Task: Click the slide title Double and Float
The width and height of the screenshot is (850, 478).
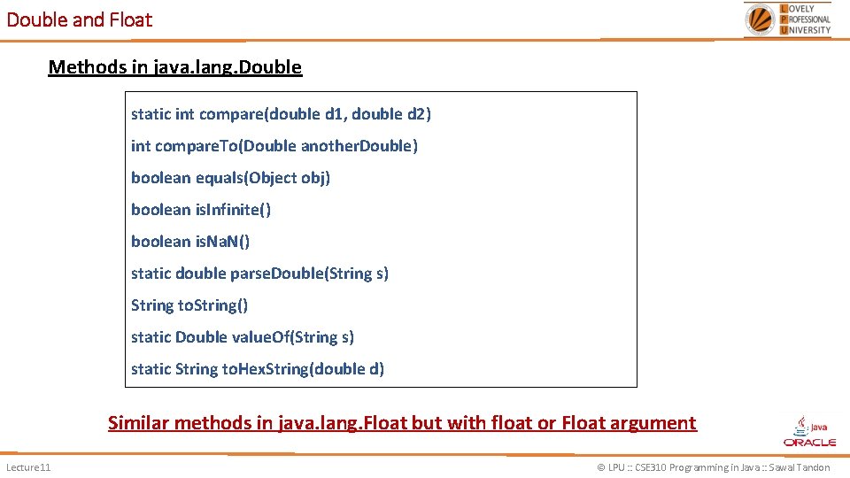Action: click(x=80, y=19)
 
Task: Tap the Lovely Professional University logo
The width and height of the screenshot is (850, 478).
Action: click(x=788, y=19)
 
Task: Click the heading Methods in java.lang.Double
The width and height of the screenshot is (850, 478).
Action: click(x=175, y=67)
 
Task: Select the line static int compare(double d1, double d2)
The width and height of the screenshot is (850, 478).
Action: click(x=281, y=114)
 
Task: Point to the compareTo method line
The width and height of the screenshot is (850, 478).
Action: click(x=274, y=146)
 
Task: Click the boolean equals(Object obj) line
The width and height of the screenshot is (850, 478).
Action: click(x=230, y=178)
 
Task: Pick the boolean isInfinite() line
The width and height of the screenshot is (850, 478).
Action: click(x=201, y=210)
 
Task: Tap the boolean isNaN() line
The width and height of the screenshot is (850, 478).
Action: click(x=190, y=242)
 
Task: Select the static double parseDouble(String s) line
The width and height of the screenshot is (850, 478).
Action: click(x=259, y=274)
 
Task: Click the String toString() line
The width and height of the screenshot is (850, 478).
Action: click(x=189, y=305)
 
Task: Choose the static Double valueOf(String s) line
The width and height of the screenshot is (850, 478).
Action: click(x=243, y=337)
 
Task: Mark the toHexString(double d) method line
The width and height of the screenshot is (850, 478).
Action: click(x=258, y=369)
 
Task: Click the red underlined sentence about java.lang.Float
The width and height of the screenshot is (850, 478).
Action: click(x=402, y=423)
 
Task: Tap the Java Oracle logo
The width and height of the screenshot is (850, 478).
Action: click(x=809, y=431)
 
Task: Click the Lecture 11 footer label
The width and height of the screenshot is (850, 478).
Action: click(x=28, y=467)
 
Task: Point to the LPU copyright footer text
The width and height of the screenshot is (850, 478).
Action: click(x=714, y=467)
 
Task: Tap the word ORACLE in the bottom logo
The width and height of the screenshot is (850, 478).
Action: click(x=809, y=442)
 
